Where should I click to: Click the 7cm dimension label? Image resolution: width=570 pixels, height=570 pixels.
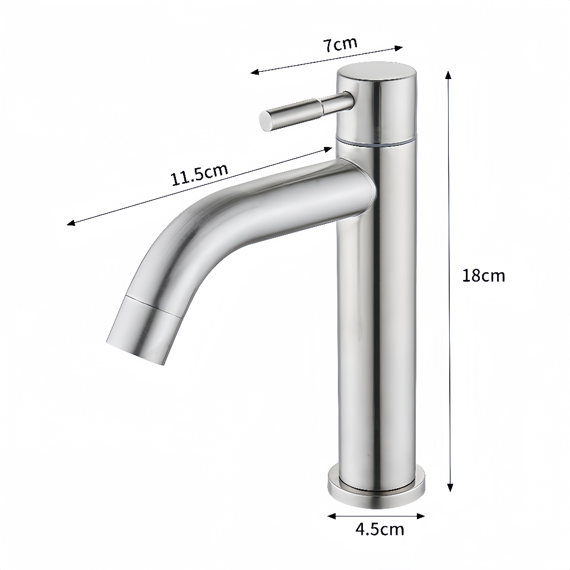(340, 45)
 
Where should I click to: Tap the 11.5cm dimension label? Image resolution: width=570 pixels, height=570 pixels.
(200, 174)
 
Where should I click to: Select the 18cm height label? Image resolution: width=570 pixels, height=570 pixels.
(484, 276)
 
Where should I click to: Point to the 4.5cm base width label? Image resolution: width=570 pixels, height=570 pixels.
(380, 529)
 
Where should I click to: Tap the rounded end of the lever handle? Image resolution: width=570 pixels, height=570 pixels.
(265, 121)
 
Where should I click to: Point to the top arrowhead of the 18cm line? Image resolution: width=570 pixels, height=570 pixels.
(448, 75)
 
